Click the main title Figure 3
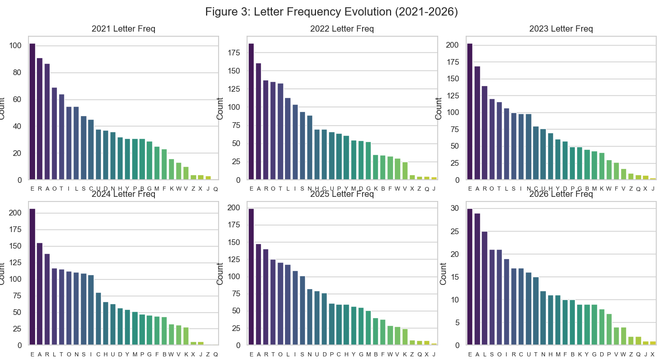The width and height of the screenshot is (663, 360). tap(331, 11)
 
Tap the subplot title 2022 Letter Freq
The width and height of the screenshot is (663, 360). tap(342, 29)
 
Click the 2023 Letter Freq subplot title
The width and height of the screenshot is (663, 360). tap(561, 29)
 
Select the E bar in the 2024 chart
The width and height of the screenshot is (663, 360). tap(32, 277)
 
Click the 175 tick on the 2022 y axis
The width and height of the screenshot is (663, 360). tap(233, 53)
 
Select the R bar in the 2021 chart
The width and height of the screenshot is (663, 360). tap(39, 119)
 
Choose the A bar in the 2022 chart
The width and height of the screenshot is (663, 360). tap(258, 122)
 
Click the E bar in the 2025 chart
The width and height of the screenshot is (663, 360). tap(251, 277)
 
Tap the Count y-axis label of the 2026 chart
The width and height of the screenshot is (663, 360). tap(443, 273)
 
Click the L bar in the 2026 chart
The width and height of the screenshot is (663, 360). tap(484, 288)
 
